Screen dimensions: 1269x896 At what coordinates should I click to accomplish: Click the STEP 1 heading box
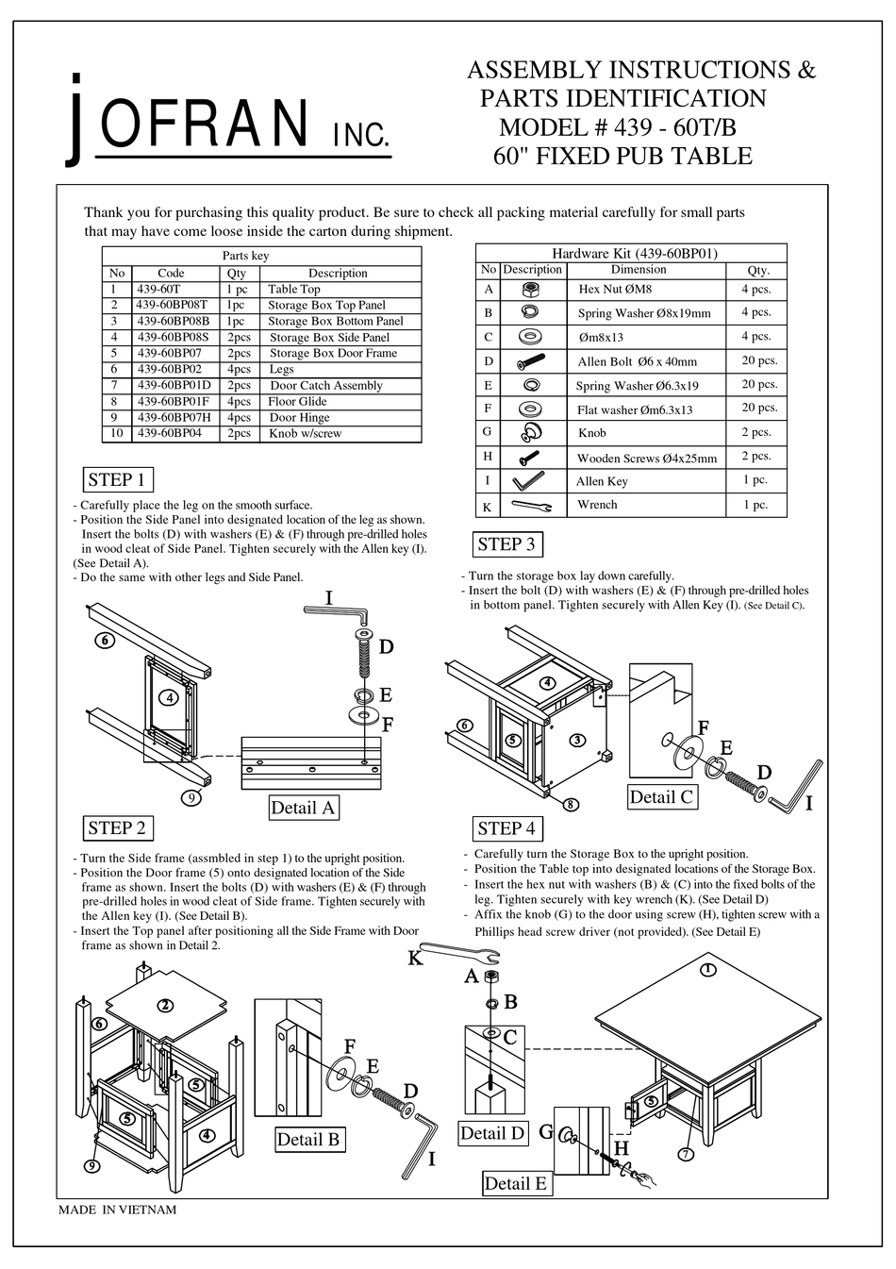116,479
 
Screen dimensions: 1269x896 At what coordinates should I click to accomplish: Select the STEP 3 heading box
506,544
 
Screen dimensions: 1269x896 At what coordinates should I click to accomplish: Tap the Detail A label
302,808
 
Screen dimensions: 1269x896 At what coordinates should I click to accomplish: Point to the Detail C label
660,796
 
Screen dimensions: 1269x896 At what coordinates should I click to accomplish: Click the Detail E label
514,1183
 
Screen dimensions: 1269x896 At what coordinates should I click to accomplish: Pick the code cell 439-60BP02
171,370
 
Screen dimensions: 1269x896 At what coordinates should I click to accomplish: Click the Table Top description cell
293,290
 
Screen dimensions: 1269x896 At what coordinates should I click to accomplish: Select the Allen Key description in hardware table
602,481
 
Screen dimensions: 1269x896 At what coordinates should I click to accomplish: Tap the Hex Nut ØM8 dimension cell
614,290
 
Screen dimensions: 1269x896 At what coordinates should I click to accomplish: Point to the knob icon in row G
531,432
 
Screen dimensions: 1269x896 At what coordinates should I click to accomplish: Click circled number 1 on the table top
708,969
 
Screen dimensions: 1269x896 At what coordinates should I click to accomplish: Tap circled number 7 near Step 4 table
686,1154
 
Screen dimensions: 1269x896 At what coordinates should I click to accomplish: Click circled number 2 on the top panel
165,1005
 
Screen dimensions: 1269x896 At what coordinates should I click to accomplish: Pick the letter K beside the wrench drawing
415,959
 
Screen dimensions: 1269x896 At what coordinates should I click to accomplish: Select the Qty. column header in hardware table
757,270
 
